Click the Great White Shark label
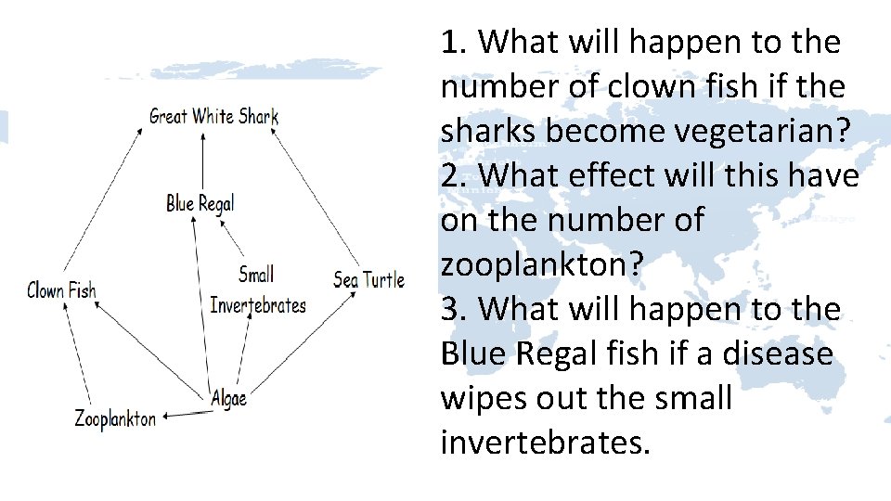tap(213, 117)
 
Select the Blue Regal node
tap(200, 203)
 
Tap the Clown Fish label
tap(61, 290)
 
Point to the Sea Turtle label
tap(368, 279)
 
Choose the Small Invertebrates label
tap(257, 289)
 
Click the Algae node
tap(228, 398)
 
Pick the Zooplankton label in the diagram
tap(115, 418)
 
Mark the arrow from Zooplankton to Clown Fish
tap(77, 357)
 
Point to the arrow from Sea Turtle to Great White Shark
tap(316, 195)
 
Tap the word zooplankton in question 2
tap(542, 264)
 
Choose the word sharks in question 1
tap(488, 131)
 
